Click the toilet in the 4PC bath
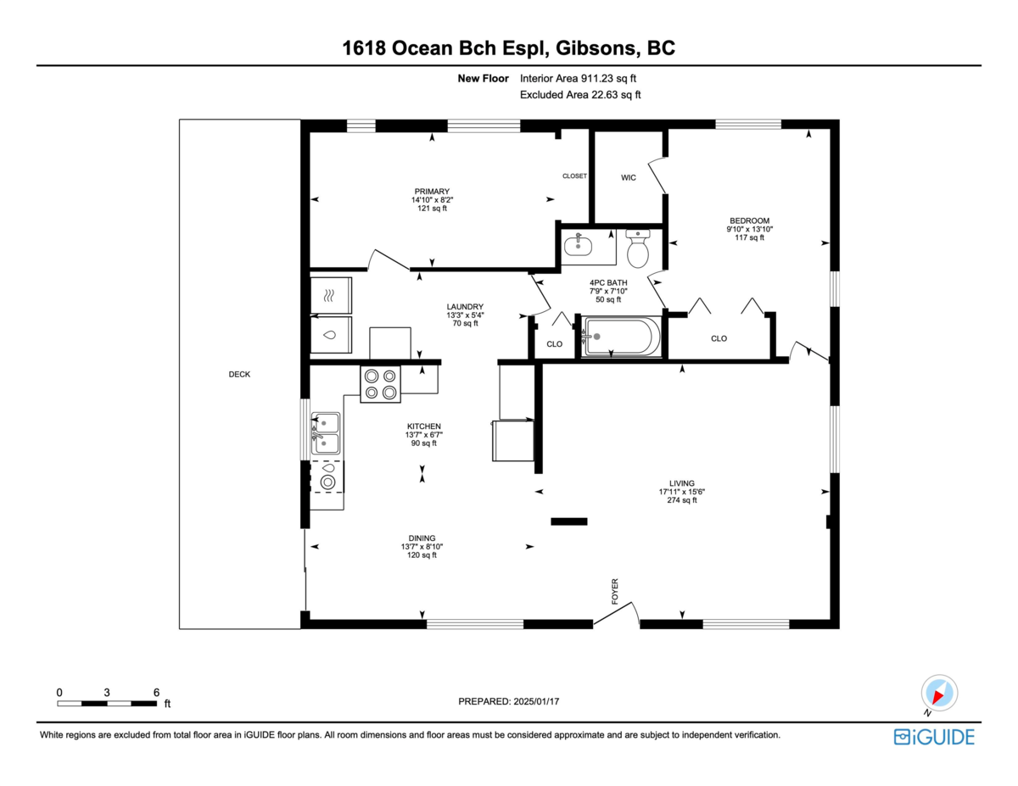pyautogui.click(x=638, y=248)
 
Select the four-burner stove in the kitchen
pyautogui.click(x=380, y=384)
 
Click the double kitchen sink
pyautogui.click(x=326, y=433)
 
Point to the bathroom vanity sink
pyautogui.click(x=578, y=245)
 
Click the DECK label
pyautogui.click(x=239, y=374)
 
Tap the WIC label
pyautogui.click(x=629, y=177)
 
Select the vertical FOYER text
pyautogui.click(x=615, y=591)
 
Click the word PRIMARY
pyautogui.click(x=432, y=191)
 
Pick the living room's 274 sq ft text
pyautogui.click(x=681, y=500)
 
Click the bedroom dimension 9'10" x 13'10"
pyautogui.click(x=749, y=229)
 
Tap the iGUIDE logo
pyautogui.click(x=934, y=737)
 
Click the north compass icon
pyautogui.click(x=939, y=694)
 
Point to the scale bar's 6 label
pyautogui.click(x=156, y=692)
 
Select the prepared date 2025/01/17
pyautogui.click(x=536, y=701)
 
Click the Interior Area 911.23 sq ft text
pyautogui.click(x=578, y=78)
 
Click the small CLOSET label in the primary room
pyautogui.click(x=574, y=176)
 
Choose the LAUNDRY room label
pyautogui.click(x=465, y=307)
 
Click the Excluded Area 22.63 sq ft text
pyautogui.click(x=580, y=95)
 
